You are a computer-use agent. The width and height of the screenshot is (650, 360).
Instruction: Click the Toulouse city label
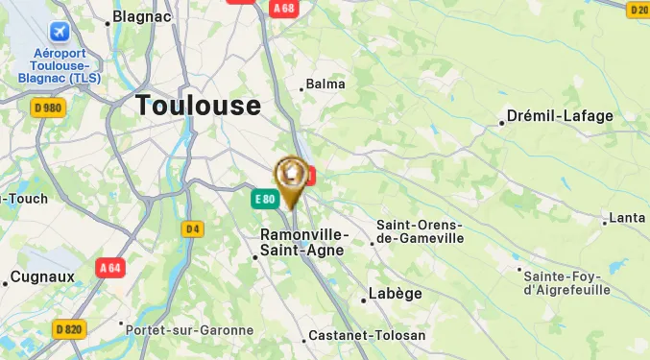pyautogui.click(x=198, y=106)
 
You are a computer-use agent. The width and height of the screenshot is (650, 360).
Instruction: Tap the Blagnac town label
pyautogui.click(x=141, y=16)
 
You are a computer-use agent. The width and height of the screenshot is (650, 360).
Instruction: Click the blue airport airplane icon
pyautogui.click(x=60, y=33)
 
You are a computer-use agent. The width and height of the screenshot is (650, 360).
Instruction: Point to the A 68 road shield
pyautogui.click(x=283, y=9)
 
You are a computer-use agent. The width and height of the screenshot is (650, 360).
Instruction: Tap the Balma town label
pyautogui.click(x=325, y=84)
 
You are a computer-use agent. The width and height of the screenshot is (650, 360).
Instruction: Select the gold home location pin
pyautogui.click(x=290, y=175)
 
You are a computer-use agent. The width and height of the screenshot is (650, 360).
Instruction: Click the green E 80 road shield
pyautogui.click(x=265, y=200)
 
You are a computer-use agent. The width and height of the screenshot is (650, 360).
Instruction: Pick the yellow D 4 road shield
pyautogui.click(x=193, y=228)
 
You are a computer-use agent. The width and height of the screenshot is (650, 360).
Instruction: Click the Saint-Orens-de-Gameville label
pyautogui.click(x=420, y=231)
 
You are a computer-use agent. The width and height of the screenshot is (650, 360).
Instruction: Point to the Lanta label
pyautogui.click(x=627, y=218)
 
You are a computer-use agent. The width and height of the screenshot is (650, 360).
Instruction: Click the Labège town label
pyautogui.click(x=396, y=295)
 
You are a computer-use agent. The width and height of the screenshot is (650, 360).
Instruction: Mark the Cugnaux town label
pyautogui.click(x=42, y=277)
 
